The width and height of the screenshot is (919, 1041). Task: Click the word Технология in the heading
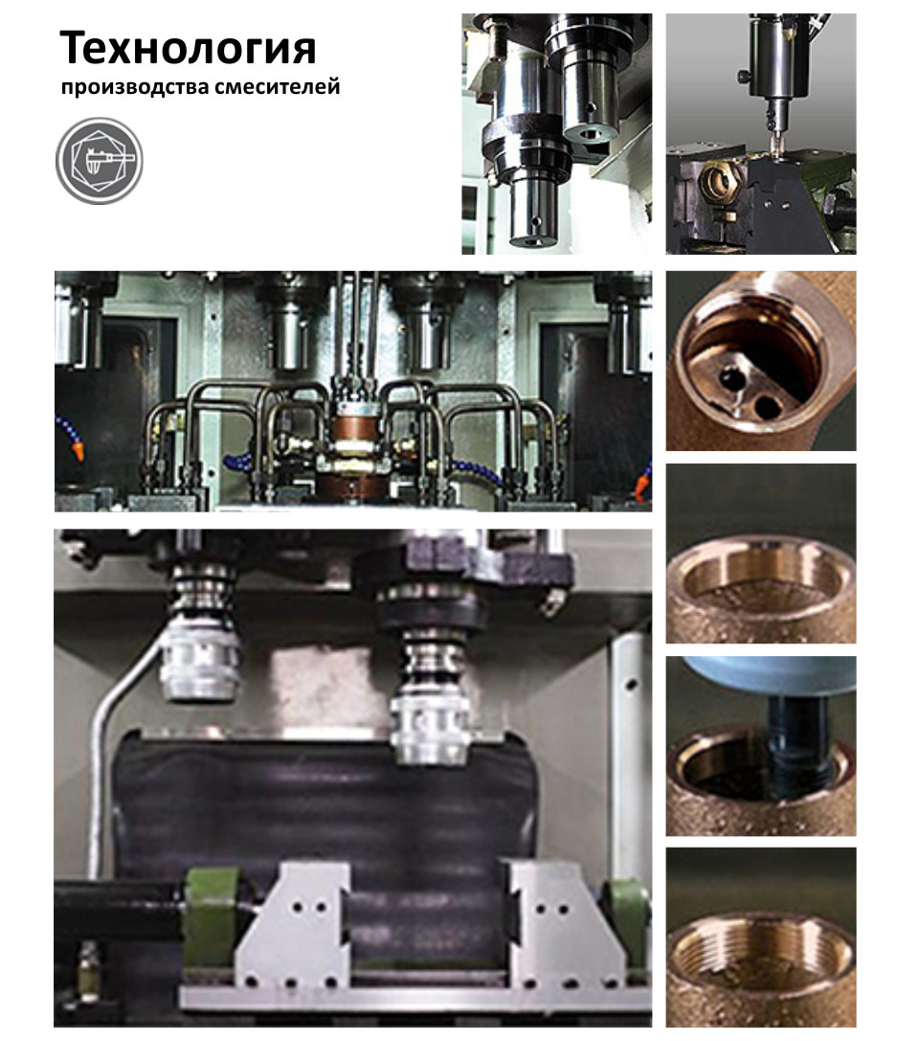click(188, 49)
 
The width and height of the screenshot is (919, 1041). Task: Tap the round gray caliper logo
click(99, 161)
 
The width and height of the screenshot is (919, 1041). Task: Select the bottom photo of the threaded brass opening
click(760, 937)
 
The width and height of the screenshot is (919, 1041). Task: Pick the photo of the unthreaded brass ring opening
click(760, 553)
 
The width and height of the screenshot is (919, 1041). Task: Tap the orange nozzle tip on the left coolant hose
click(78, 452)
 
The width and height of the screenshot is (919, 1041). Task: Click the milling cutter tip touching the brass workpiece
click(774, 142)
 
